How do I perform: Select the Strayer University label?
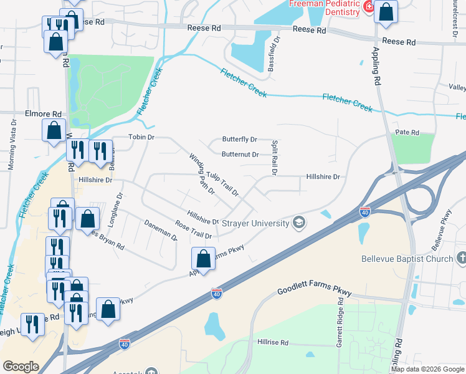[258, 223]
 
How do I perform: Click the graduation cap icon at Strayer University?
[299, 223]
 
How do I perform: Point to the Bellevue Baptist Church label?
[407, 258]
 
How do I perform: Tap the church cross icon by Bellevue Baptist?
[461, 257]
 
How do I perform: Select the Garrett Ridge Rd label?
[341, 318]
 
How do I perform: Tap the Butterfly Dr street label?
[240, 140]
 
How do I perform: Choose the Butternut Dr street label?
[240, 154]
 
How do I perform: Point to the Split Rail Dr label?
[273, 157]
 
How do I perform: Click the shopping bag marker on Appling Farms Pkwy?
[204, 257]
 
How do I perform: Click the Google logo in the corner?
[21, 367]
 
